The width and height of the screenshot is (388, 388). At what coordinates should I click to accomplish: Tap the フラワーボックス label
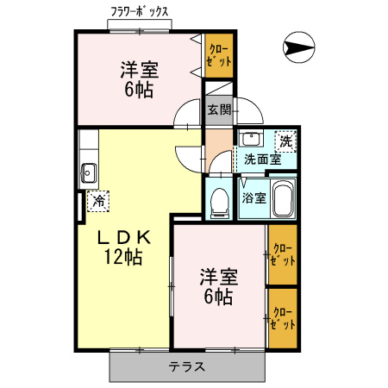tap(139, 13)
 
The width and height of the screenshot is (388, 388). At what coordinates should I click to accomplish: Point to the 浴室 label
tap(253, 197)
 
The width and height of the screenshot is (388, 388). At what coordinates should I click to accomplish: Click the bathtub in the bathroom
tap(282, 200)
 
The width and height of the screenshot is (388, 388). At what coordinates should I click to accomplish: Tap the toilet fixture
tap(219, 199)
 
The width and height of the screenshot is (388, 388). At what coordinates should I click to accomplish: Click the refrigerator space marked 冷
tap(99, 200)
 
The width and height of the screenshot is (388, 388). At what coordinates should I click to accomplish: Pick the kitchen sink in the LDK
tap(88, 172)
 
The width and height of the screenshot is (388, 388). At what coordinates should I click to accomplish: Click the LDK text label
tap(119, 236)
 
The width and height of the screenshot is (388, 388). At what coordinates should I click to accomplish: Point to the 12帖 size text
tap(119, 256)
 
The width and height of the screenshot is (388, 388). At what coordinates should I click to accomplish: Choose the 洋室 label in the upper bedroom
tap(138, 69)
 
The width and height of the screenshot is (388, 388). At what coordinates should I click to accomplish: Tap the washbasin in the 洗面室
tap(250, 140)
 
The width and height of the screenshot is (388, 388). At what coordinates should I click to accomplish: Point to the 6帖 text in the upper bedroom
tap(138, 89)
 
